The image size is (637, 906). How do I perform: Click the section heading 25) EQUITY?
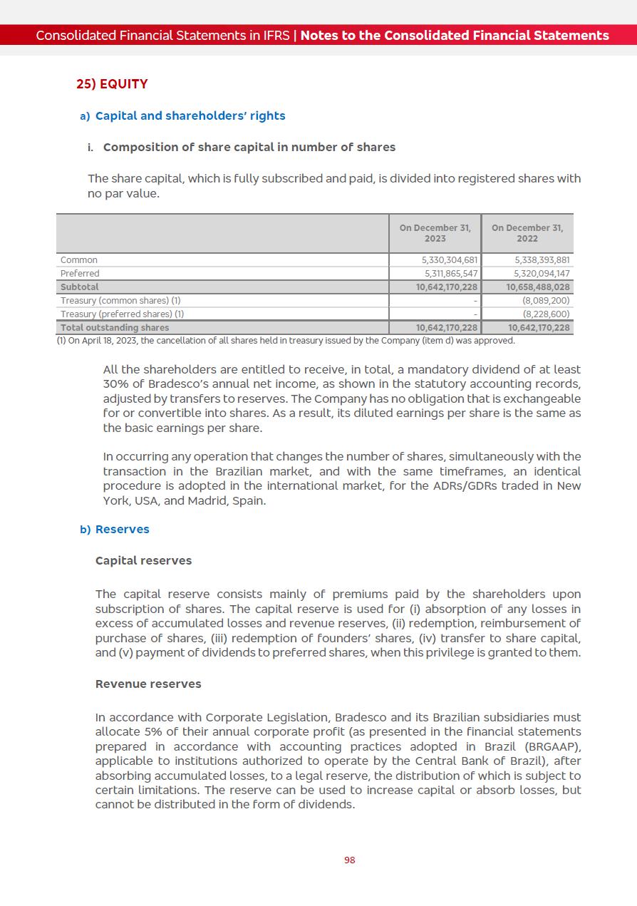coord(112,84)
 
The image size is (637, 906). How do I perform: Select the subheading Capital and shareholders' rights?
coord(190,115)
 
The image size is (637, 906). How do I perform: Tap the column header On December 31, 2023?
coord(435,233)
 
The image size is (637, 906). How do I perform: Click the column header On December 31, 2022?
coord(527,233)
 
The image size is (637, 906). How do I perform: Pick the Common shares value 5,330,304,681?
coord(450,260)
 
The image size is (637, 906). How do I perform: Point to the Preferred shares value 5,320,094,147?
coord(542,274)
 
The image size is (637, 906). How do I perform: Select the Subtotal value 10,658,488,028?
coord(538,287)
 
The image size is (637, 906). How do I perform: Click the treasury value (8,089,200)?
coord(546,301)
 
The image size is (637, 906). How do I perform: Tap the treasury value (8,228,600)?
coord(546,314)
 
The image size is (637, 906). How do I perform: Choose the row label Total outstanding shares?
coord(115,328)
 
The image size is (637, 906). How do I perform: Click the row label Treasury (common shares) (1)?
coord(120,301)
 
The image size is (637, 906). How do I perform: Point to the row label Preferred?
coord(80,274)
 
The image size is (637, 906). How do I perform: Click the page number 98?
coord(349,860)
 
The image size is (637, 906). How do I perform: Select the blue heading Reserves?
coord(123,529)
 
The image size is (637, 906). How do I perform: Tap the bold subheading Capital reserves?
coord(143,560)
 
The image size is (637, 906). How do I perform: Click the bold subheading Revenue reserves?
coord(148,684)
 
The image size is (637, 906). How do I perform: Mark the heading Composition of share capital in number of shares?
coord(249,147)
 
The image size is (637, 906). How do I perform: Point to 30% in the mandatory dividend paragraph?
coord(115,384)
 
